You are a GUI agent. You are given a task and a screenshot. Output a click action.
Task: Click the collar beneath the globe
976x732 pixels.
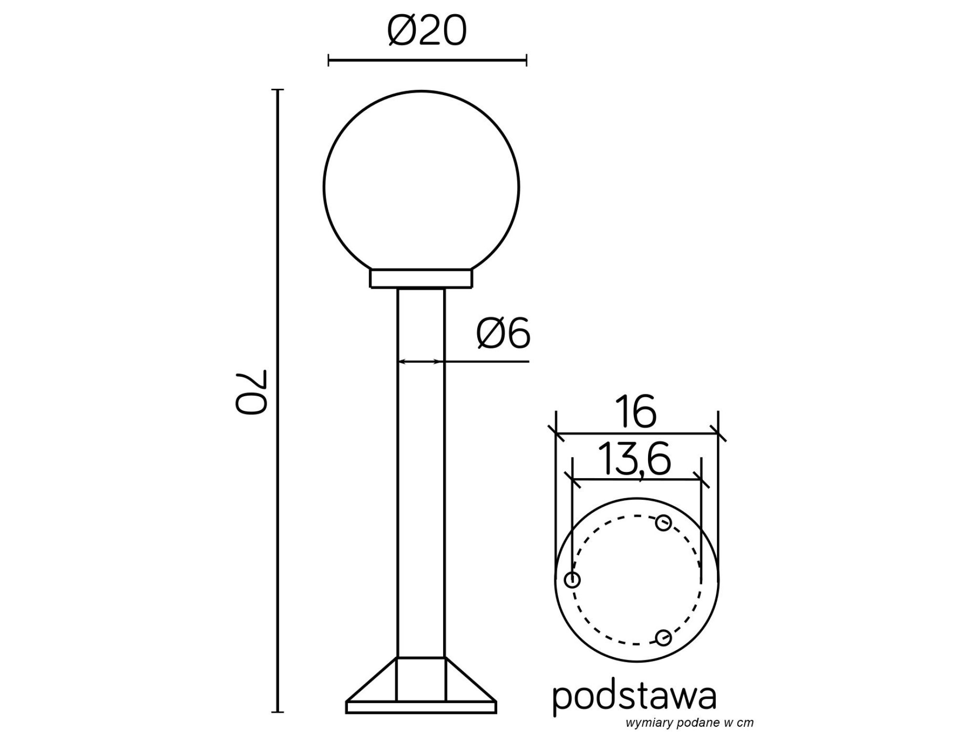click(421, 280)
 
